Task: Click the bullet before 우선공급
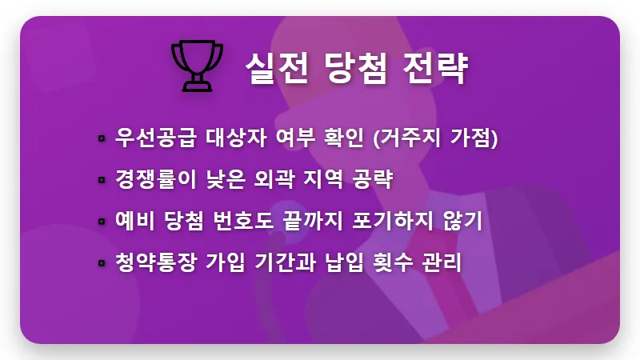coord(102,138)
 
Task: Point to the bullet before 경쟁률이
coord(102,180)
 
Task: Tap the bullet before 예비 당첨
coord(102,222)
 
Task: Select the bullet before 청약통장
coord(102,263)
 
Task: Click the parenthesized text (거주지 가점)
coord(436,138)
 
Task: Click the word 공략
coord(370,178)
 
